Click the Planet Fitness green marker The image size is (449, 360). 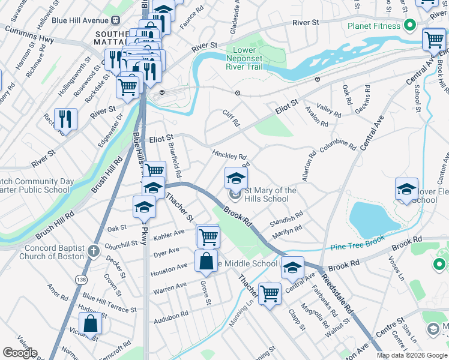(410, 26)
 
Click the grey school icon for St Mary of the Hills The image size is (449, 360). (236, 195)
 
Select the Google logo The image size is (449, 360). (20, 353)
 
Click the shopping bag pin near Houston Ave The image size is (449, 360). (206, 262)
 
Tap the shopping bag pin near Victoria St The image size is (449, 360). (89, 324)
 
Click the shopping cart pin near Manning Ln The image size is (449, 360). (270, 294)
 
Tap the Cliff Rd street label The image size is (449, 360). (231, 117)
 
